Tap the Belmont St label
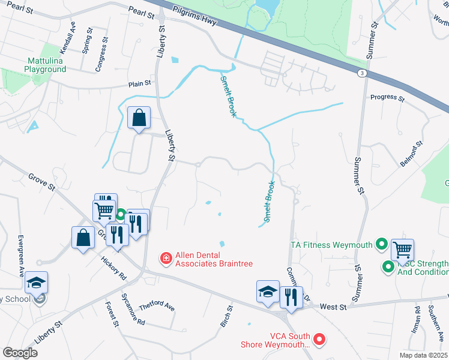click(411, 154)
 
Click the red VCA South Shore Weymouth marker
click(320, 339)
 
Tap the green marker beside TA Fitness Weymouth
click(381, 244)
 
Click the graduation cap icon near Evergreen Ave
click(37, 283)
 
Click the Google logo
click(20, 352)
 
